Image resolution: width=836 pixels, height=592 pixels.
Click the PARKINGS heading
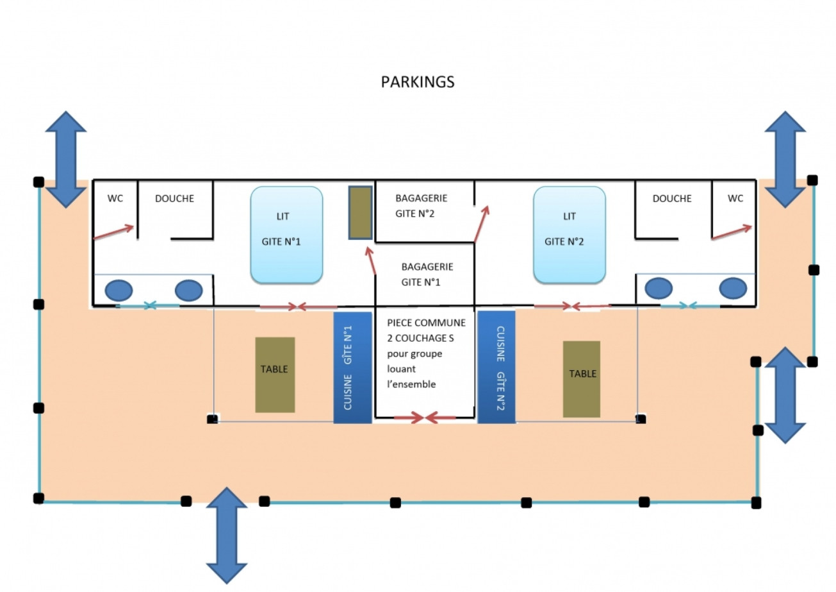pos(417,82)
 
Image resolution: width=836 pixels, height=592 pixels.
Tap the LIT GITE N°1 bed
pos(286,235)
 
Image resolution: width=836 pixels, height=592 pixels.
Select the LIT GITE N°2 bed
pos(569,235)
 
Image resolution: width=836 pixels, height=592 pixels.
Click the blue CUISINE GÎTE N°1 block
pos(352,368)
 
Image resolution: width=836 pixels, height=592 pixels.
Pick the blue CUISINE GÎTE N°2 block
pos(496,367)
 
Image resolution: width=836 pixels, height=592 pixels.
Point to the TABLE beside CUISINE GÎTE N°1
pos(275,375)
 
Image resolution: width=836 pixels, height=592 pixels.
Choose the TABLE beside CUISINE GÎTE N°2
pos(582,378)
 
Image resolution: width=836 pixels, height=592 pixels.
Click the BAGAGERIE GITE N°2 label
pos(421,206)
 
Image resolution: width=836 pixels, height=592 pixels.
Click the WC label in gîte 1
pos(115,198)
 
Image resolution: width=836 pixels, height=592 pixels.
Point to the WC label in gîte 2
pos(735,198)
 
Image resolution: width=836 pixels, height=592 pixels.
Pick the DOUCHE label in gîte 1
pos(174,198)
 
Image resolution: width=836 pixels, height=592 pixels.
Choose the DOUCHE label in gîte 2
pos(672,198)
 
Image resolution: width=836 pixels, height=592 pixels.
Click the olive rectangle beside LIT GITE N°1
pos(361,213)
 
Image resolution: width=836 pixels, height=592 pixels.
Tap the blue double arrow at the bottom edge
pos(227,535)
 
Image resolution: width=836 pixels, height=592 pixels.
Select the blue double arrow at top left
pos(65,159)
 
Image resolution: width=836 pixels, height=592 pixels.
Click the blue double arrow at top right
pos(785,159)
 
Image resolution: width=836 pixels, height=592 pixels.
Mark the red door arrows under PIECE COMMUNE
pos(425,418)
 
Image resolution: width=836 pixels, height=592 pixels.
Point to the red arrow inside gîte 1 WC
pos(113,232)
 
